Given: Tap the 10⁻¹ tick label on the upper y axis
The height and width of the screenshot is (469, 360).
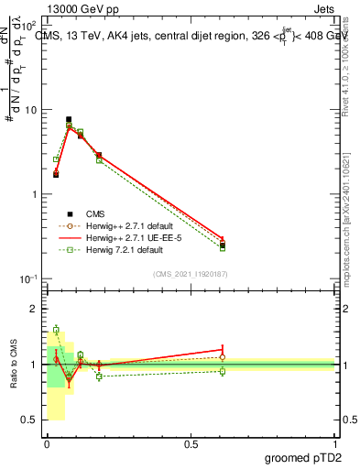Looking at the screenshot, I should coord(27,278).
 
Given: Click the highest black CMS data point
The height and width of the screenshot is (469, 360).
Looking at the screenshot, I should coord(69,119).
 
